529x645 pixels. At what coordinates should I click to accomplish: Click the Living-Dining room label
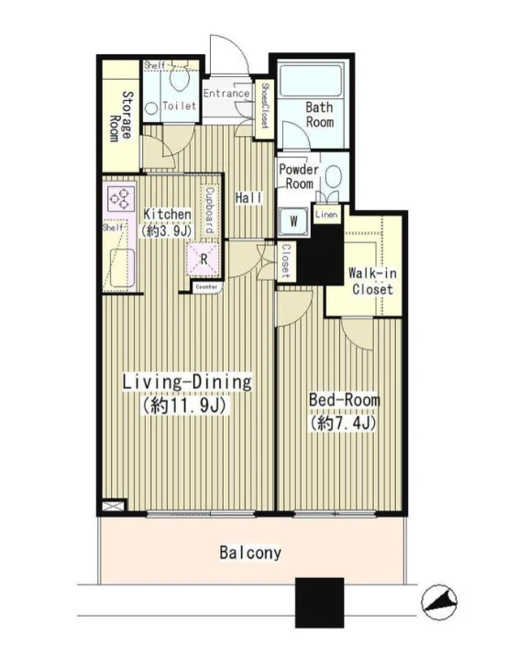[x=187, y=383]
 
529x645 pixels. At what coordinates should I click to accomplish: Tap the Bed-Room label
[x=345, y=400]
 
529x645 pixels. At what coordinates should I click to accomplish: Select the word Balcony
[x=250, y=552]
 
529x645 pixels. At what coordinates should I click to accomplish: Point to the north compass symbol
[x=439, y=602]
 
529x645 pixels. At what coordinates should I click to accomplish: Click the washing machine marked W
[x=293, y=221]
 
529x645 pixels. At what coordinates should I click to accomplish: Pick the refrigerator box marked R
[x=203, y=259]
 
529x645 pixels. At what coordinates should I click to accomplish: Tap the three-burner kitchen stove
[x=122, y=199]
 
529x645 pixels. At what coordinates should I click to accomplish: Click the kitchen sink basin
[x=123, y=268]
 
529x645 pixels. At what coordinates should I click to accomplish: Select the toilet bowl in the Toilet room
[x=179, y=79]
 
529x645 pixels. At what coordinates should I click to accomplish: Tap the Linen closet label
[x=327, y=215]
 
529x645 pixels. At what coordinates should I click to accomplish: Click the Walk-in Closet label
[x=372, y=281]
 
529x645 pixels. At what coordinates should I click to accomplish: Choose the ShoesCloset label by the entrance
[x=265, y=106]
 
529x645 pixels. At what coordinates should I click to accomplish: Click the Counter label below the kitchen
[x=207, y=286]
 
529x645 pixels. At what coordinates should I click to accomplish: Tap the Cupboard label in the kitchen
[x=210, y=211]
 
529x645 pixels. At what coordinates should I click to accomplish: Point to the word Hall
[x=248, y=198]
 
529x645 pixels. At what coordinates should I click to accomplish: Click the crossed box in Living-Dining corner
[x=113, y=506]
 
